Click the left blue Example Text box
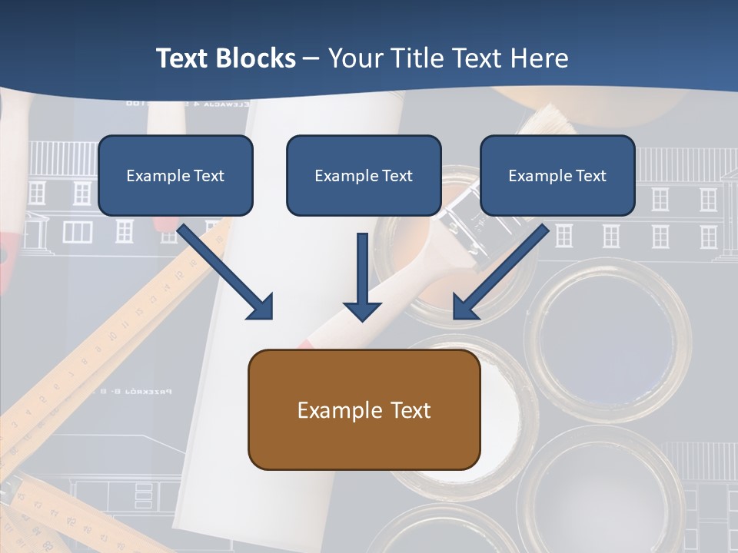click(x=175, y=175)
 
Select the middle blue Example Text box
click(x=364, y=175)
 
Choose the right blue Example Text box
click(x=557, y=175)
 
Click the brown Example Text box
click(x=364, y=409)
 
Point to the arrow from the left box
click(x=223, y=269)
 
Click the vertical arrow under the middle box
click(x=362, y=269)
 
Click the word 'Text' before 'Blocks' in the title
click(x=182, y=58)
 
